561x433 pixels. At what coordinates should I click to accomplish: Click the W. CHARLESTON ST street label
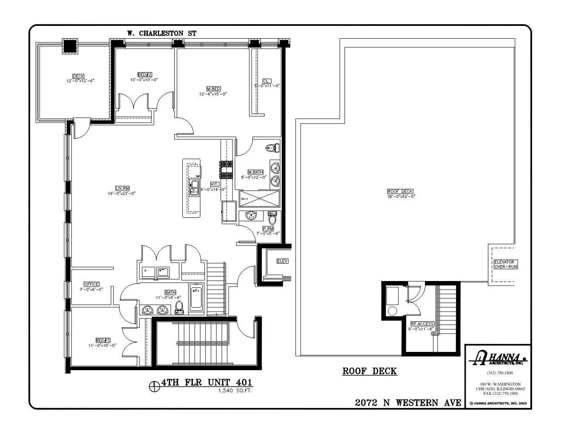(x=161, y=33)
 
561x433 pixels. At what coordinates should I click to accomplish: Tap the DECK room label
(x=78, y=76)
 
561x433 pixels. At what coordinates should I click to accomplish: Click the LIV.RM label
(x=122, y=188)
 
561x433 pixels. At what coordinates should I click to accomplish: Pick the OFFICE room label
(x=91, y=284)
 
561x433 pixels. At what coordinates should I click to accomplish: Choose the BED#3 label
(x=103, y=340)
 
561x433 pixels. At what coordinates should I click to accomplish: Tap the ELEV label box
(x=282, y=261)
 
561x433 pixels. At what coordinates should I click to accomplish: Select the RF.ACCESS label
(x=422, y=323)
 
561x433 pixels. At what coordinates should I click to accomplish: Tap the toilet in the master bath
(x=272, y=148)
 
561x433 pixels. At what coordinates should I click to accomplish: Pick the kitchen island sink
(x=194, y=187)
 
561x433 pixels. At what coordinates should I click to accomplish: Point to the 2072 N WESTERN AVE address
(x=408, y=402)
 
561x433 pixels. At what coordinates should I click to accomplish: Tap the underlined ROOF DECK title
(x=369, y=371)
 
